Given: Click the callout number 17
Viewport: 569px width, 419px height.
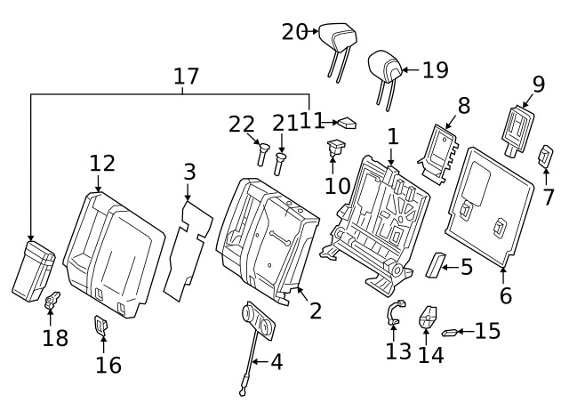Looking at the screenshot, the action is [x=186, y=76].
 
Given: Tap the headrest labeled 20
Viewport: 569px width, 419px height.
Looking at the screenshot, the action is [x=338, y=44].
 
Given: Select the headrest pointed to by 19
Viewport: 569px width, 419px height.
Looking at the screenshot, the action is [x=385, y=73].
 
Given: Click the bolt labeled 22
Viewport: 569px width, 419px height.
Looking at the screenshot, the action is [x=262, y=154].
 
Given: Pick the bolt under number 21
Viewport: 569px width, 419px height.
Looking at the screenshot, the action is [x=279, y=164].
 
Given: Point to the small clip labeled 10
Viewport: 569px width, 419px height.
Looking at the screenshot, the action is [x=335, y=147].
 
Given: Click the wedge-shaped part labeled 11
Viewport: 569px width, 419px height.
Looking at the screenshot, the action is [x=347, y=123].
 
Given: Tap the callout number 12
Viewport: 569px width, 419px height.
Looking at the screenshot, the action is [x=102, y=163].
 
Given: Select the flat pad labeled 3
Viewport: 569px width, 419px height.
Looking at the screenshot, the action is [x=188, y=251].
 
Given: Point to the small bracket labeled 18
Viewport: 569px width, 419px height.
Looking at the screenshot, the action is [x=52, y=301].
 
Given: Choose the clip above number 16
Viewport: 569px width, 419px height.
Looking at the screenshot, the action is [x=101, y=325].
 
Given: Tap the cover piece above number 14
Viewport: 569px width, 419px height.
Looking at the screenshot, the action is [x=428, y=317].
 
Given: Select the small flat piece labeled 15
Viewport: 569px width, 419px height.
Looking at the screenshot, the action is [x=449, y=332].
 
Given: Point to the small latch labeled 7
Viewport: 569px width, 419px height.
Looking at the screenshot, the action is [x=545, y=157].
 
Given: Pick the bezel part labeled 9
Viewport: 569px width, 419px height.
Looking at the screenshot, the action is [x=517, y=131].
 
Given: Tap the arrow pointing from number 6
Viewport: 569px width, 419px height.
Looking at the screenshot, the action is [x=503, y=276].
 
